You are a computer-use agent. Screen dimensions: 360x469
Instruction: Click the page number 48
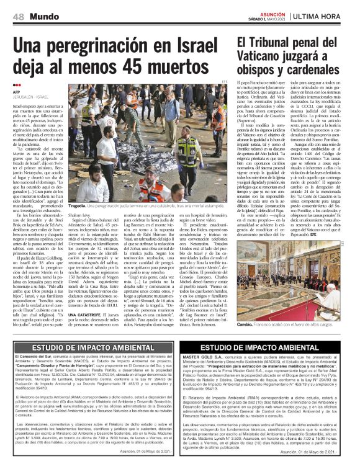click(10, 15)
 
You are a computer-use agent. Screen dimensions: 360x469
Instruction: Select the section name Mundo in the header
click(34, 15)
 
